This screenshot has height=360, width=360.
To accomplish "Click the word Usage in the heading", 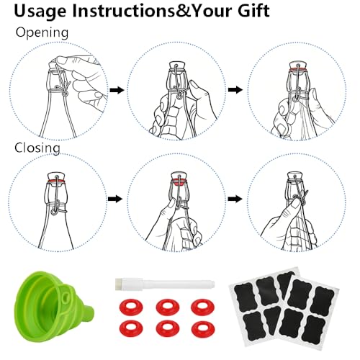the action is click(x=40, y=12).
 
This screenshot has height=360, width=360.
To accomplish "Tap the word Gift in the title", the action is click(x=253, y=11).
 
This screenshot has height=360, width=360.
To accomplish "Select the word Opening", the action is click(x=42, y=32).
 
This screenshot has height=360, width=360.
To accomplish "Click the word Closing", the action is click(x=37, y=148).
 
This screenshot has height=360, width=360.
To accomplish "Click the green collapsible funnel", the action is click(x=52, y=307).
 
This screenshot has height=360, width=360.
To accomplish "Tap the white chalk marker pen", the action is click(x=165, y=284).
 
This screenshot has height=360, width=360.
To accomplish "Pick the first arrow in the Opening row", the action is click(x=117, y=90).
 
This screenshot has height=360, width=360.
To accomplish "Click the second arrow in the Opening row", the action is click(x=235, y=90).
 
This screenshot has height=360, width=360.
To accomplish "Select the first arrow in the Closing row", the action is click(x=115, y=199).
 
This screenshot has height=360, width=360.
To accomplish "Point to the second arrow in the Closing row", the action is click(x=235, y=199).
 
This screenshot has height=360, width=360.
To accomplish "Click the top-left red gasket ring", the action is click(x=131, y=307).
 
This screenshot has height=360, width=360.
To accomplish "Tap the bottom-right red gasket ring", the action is click(x=203, y=328).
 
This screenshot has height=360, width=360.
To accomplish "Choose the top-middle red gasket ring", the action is click(x=168, y=307).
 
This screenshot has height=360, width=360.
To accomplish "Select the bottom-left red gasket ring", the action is click(x=131, y=328).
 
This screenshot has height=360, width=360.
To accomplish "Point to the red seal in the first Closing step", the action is click(x=57, y=181).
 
